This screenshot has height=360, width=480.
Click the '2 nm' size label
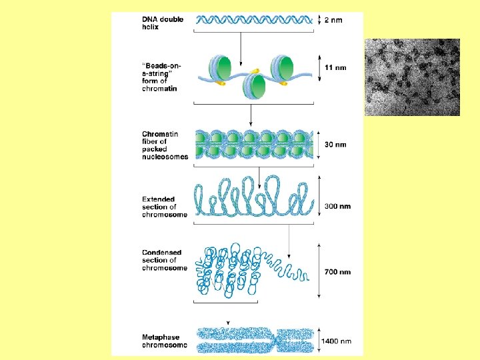point(333,20)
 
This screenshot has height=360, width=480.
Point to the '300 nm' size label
point(337,207)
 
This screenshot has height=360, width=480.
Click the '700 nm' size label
point(337,272)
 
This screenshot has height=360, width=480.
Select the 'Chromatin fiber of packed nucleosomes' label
point(165,145)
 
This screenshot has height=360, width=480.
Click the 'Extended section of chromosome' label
point(164,207)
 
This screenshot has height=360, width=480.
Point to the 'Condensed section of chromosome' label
point(164,260)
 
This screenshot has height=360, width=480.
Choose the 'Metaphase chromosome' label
point(164,341)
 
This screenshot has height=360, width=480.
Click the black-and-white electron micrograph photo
point(412,77)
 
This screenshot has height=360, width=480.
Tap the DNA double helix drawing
point(254,20)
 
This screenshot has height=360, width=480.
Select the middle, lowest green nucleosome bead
point(253,85)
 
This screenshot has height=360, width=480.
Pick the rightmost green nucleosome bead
point(283,67)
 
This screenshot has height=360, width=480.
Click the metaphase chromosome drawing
point(254,340)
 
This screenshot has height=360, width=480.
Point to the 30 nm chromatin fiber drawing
point(254,145)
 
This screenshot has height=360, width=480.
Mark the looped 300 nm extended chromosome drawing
point(254,197)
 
